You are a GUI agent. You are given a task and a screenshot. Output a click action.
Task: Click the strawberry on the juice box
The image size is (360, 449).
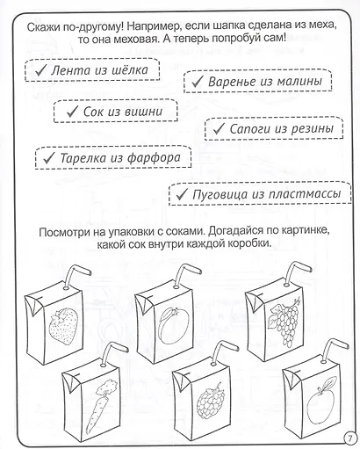[63, 326]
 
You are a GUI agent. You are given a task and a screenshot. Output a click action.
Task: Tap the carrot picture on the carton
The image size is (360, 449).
[98, 407]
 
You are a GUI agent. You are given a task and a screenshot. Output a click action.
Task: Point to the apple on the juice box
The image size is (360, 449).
[320, 402]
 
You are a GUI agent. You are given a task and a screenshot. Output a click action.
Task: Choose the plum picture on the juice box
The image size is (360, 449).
[171, 324]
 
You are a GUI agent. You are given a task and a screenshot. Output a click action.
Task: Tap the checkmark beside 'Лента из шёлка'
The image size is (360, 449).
[40, 70]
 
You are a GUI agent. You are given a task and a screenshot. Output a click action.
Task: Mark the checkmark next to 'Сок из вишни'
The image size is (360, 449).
[72, 112]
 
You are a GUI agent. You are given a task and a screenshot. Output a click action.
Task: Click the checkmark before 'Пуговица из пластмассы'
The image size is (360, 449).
[182, 193]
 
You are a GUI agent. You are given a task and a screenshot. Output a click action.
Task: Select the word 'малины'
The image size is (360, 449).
[299, 81]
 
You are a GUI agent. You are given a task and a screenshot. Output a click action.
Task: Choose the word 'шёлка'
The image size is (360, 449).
[130, 70]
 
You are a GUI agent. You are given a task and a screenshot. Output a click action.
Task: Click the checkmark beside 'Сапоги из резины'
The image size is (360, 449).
[219, 128]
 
